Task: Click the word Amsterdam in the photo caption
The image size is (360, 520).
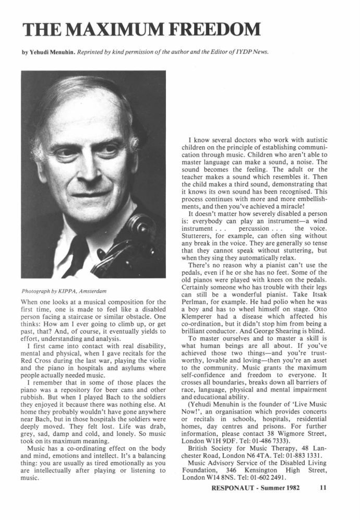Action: [102, 290]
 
